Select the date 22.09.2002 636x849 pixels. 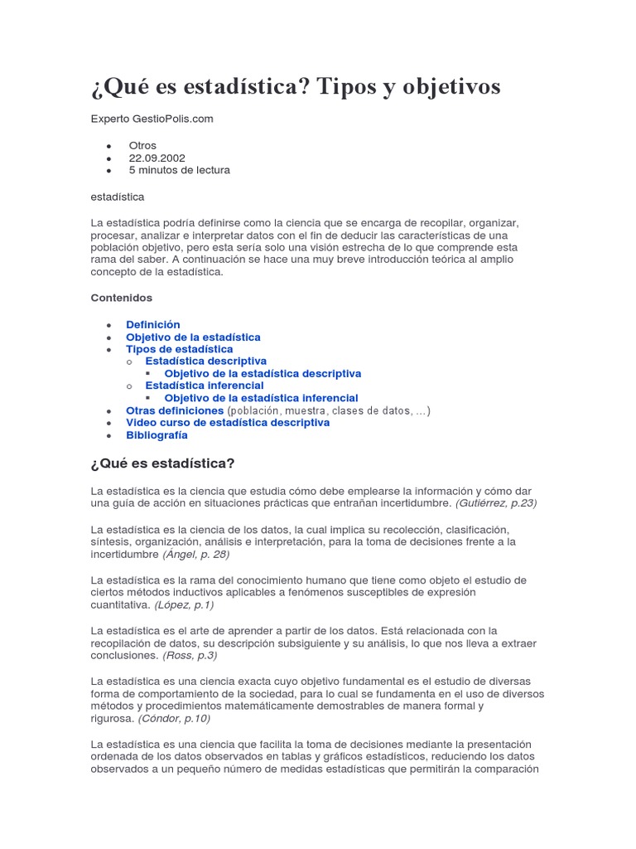click(157, 158)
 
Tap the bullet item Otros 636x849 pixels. click(142, 145)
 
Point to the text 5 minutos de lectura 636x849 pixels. click(179, 170)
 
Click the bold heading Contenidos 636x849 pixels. click(121, 298)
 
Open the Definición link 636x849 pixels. click(152, 325)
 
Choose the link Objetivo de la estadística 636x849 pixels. click(193, 337)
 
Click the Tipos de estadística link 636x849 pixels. click(179, 349)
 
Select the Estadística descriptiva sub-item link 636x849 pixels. click(205, 361)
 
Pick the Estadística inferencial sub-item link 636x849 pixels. click(204, 386)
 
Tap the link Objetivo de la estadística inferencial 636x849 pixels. click(261, 398)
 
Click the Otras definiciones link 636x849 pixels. click(175, 410)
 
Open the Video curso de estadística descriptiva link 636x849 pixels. click(227, 423)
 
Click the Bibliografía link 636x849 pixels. click(157, 435)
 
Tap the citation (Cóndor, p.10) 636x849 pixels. click(174, 718)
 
